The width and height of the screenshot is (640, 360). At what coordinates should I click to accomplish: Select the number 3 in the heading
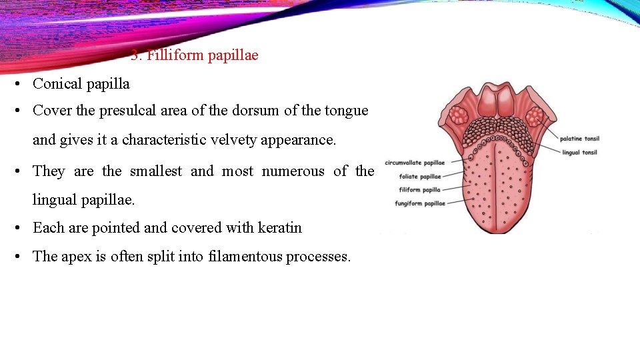(x=134, y=55)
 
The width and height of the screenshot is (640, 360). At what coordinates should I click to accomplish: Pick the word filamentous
(x=245, y=256)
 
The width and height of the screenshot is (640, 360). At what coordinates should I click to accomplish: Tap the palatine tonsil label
(x=579, y=139)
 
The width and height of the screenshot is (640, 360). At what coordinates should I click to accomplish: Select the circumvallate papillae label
(x=415, y=163)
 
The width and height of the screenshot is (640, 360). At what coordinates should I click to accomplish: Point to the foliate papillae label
(x=420, y=177)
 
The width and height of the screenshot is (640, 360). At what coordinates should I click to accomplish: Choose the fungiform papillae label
(x=420, y=203)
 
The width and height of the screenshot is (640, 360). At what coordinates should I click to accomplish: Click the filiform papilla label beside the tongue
(x=420, y=190)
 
